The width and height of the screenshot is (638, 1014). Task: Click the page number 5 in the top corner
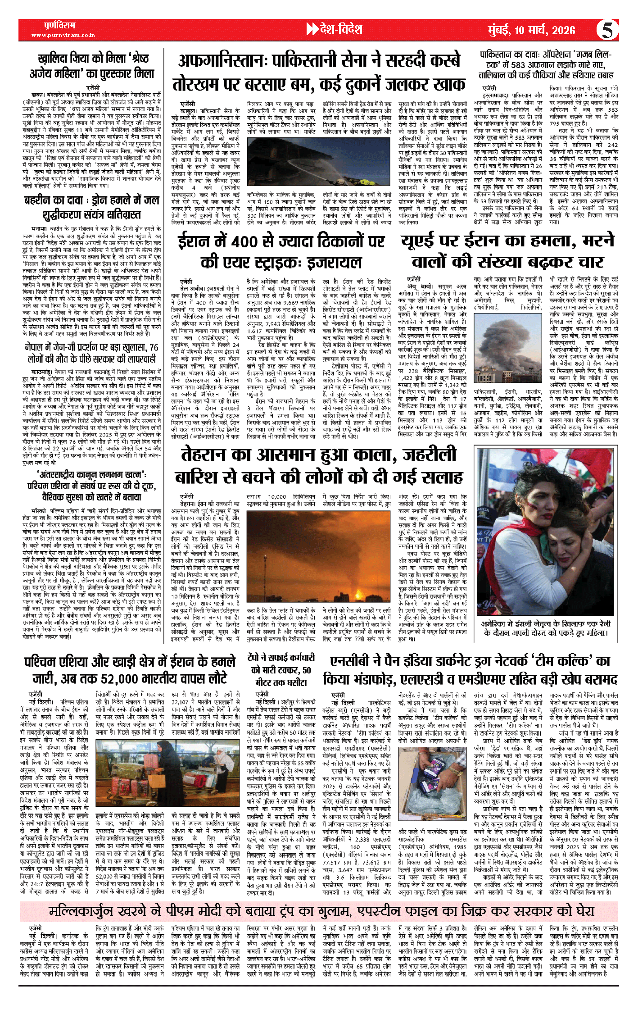pyautogui.click(x=607, y=30)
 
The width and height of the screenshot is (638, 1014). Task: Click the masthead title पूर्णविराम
pyautogui.click(x=60, y=25)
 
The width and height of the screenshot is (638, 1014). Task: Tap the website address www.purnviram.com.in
pyautogui.click(x=63, y=35)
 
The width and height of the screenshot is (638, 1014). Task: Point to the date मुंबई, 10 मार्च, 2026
pyautogui.click(x=532, y=30)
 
